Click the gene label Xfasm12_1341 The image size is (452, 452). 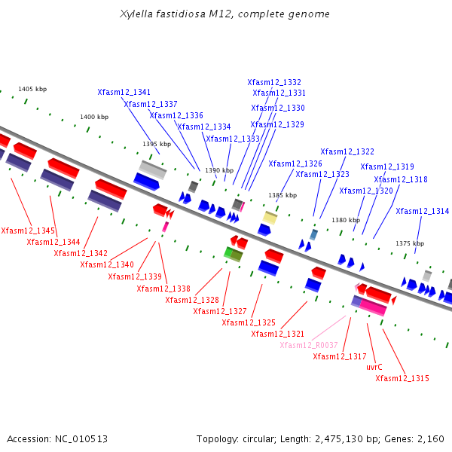tap(124, 92)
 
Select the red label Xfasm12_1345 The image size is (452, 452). tap(28, 231)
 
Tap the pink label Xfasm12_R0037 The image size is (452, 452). tap(309, 345)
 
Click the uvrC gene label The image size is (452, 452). tap(374, 367)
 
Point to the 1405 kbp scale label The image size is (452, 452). tap(32, 89)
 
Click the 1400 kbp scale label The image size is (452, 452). tap(94, 117)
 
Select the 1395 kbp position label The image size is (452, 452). tap(157, 144)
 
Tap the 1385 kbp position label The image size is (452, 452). tap(282, 195)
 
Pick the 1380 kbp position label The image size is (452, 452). tap(346, 220)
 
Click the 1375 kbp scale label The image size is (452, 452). tap(410, 243)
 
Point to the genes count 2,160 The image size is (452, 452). tap(429, 438)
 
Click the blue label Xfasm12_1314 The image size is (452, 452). tap(422, 212)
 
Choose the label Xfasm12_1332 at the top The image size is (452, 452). tap(274, 83)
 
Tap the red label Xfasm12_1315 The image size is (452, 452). tap(402, 378)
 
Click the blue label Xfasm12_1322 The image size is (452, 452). tap(347, 152)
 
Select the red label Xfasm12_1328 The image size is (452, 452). tap(192, 300)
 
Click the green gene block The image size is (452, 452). tap(233, 255)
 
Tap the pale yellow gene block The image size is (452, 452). tap(270, 218)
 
